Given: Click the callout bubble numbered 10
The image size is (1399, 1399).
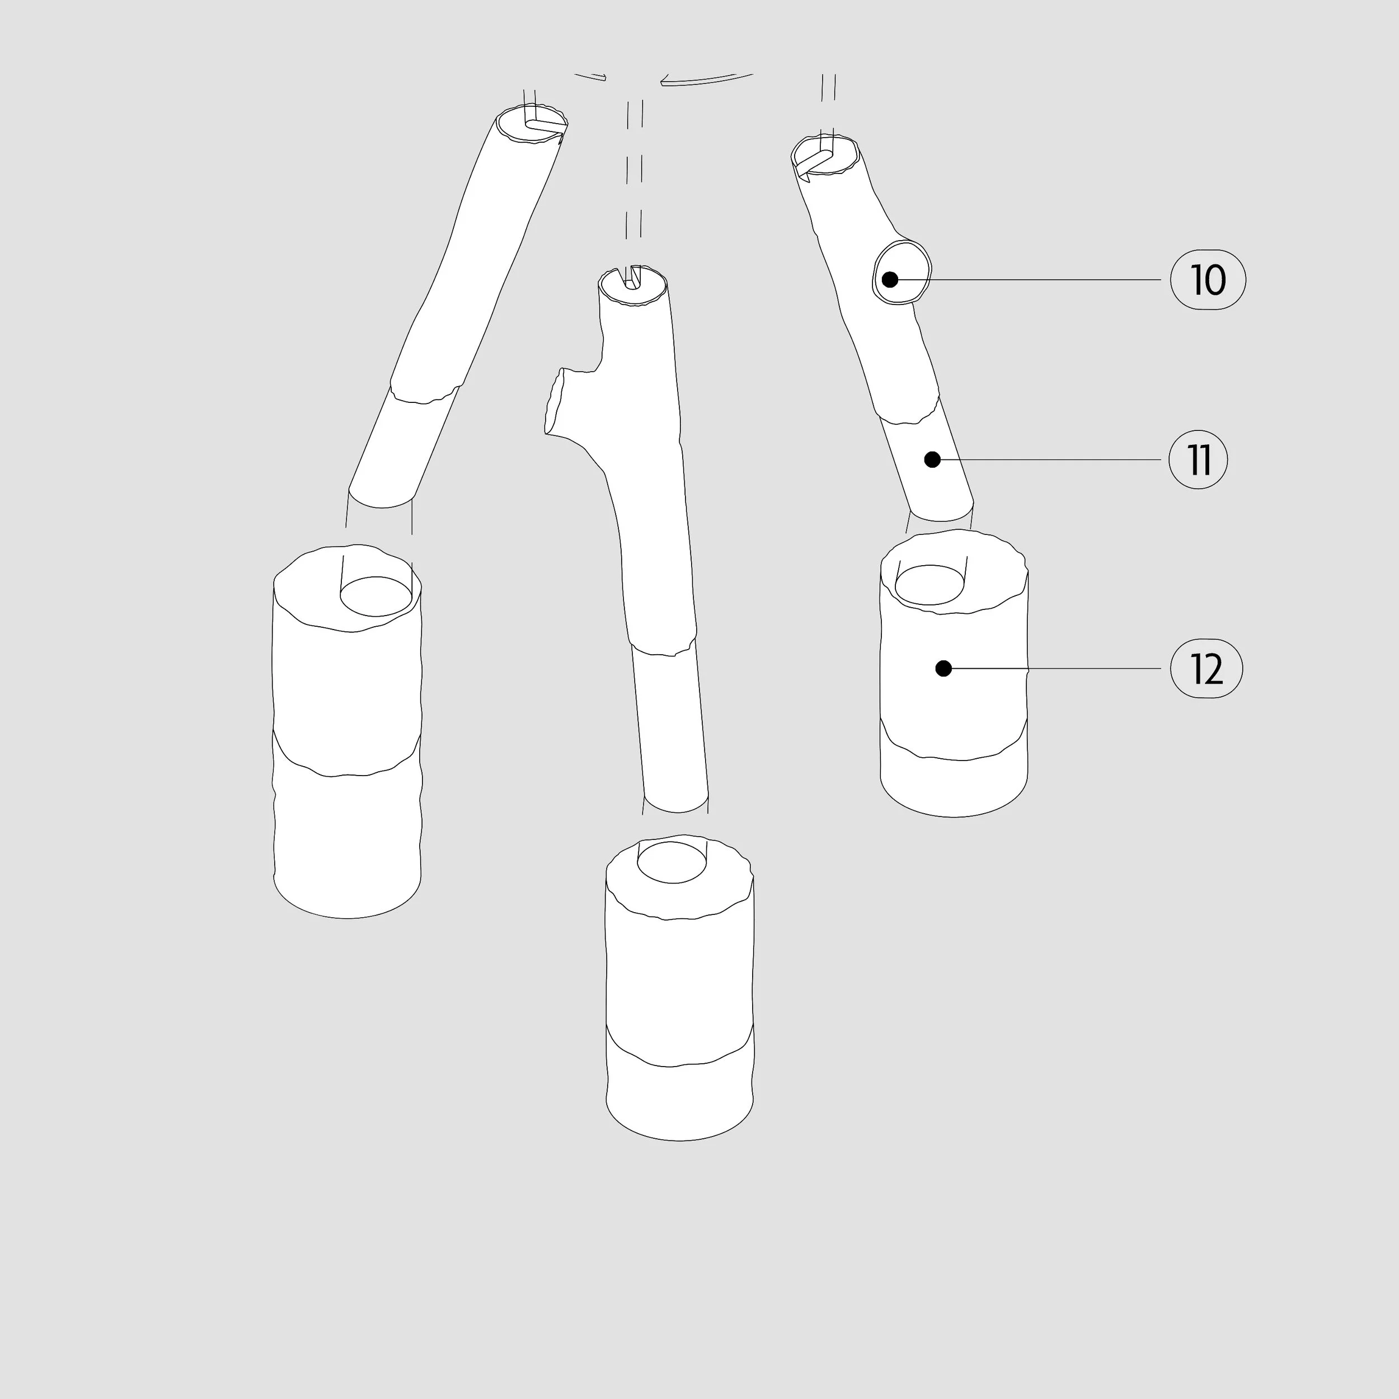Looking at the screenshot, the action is [x=1208, y=279].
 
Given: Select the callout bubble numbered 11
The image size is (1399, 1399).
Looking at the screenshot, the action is [x=1199, y=460].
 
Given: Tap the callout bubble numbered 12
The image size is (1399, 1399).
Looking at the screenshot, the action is [x=1206, y=668].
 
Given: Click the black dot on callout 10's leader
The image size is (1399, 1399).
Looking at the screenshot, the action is [x=890, y=279].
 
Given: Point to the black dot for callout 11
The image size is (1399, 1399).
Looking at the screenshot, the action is [x=933, y=459].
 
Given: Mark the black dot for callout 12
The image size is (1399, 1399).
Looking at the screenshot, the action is [x=943, y=668].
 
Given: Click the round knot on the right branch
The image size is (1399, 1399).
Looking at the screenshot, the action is [x=902, y=273].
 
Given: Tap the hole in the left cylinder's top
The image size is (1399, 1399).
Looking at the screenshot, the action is [x=377, y=596].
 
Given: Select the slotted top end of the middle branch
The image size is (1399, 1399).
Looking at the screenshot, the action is [x=633, y=287].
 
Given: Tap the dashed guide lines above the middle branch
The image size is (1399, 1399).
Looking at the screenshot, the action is [x=635, y=170].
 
